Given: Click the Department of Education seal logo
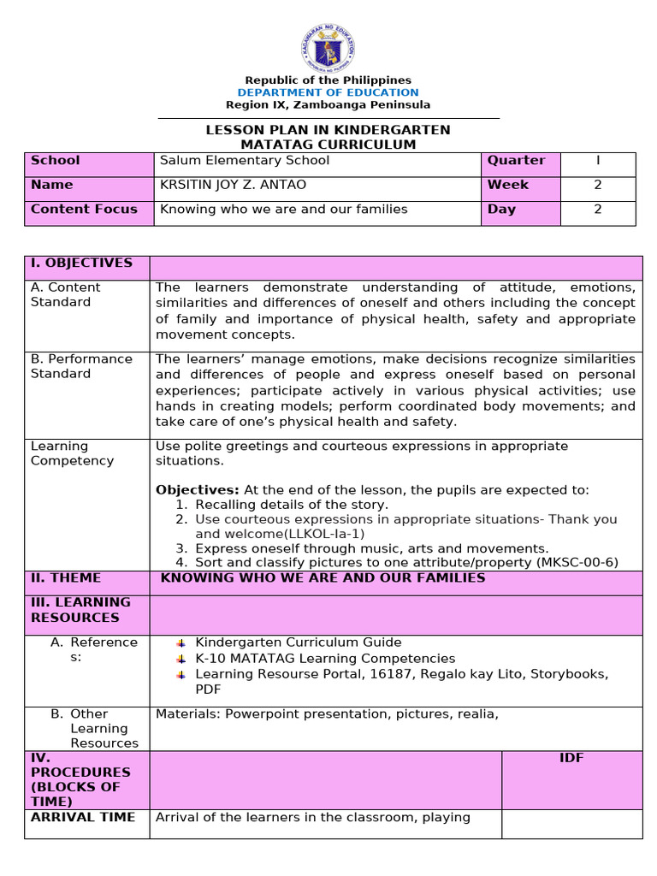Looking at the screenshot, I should click(x=328, y=48).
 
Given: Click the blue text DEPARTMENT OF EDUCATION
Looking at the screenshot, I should click(x=328, y=92).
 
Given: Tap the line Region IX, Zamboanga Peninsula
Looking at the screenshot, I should click(x=328, y=105).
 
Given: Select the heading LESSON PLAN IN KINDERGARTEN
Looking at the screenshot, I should click(x=328, y=130).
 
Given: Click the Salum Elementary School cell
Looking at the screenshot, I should click(x=245, y=161).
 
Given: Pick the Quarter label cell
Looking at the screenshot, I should click(x=516, y=161).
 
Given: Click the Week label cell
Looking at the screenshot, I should click(x=508, y=185).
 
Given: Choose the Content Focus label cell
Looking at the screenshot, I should click(x=84, y=210).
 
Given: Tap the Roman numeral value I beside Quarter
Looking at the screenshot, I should click(x=598, y=161).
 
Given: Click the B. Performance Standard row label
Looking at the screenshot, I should click(x=81, y=366).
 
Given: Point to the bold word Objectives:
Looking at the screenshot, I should click(x=198, y=490).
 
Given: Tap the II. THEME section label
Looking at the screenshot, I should click(x=66, y=578).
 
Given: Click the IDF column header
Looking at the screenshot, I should click(x=571, y=759).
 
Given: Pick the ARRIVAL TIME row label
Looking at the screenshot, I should click(x=83, y=818).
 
